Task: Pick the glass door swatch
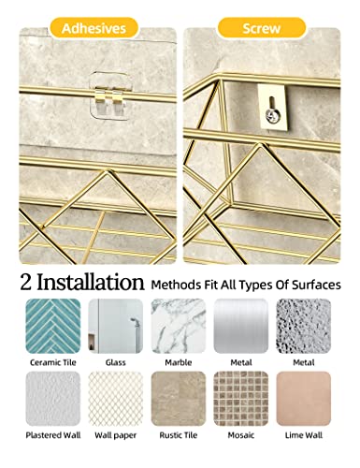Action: (x=114, y=325)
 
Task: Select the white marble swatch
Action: (x=178, y=325)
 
